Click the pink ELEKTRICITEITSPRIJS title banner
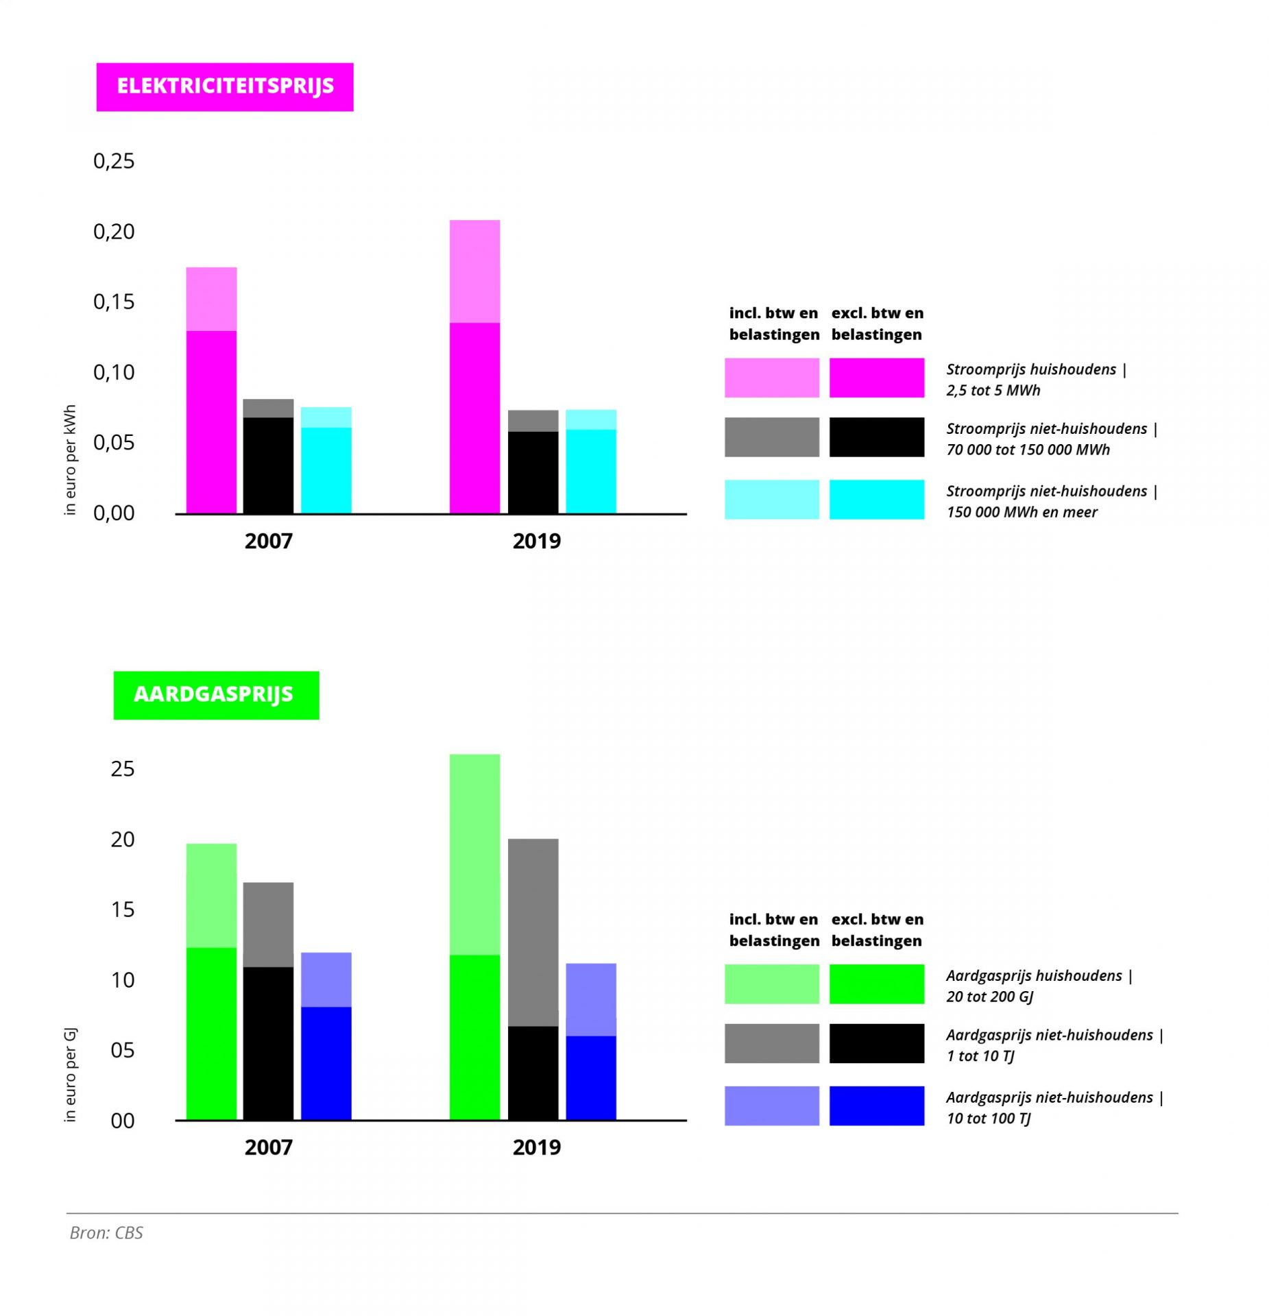[x=224, y=86]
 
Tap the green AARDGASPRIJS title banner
[x=216, y=694]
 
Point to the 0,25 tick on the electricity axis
[x=114, y=161]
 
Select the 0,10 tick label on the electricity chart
[x=114, y=372]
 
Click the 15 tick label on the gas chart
[x=122, y=910]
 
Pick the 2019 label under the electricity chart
[x=536, y=541]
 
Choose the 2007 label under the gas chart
[x=268, y=1147]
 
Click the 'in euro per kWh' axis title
[x=70, y=459]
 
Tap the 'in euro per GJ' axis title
[x=70, y=1075]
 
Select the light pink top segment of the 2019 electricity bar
[x=474, y=271]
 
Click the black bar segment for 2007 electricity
[x=268, y=465]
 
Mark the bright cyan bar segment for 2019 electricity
[x=590, y=471]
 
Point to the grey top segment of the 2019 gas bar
[x=533, y=931]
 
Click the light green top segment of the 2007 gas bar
[x=211, y=895]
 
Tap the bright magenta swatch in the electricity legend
[x=876, y=378]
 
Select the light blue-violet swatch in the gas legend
[x=771, y=1106]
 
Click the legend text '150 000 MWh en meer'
[x=1022, y=512]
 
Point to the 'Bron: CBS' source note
[x=106, y=1233]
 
